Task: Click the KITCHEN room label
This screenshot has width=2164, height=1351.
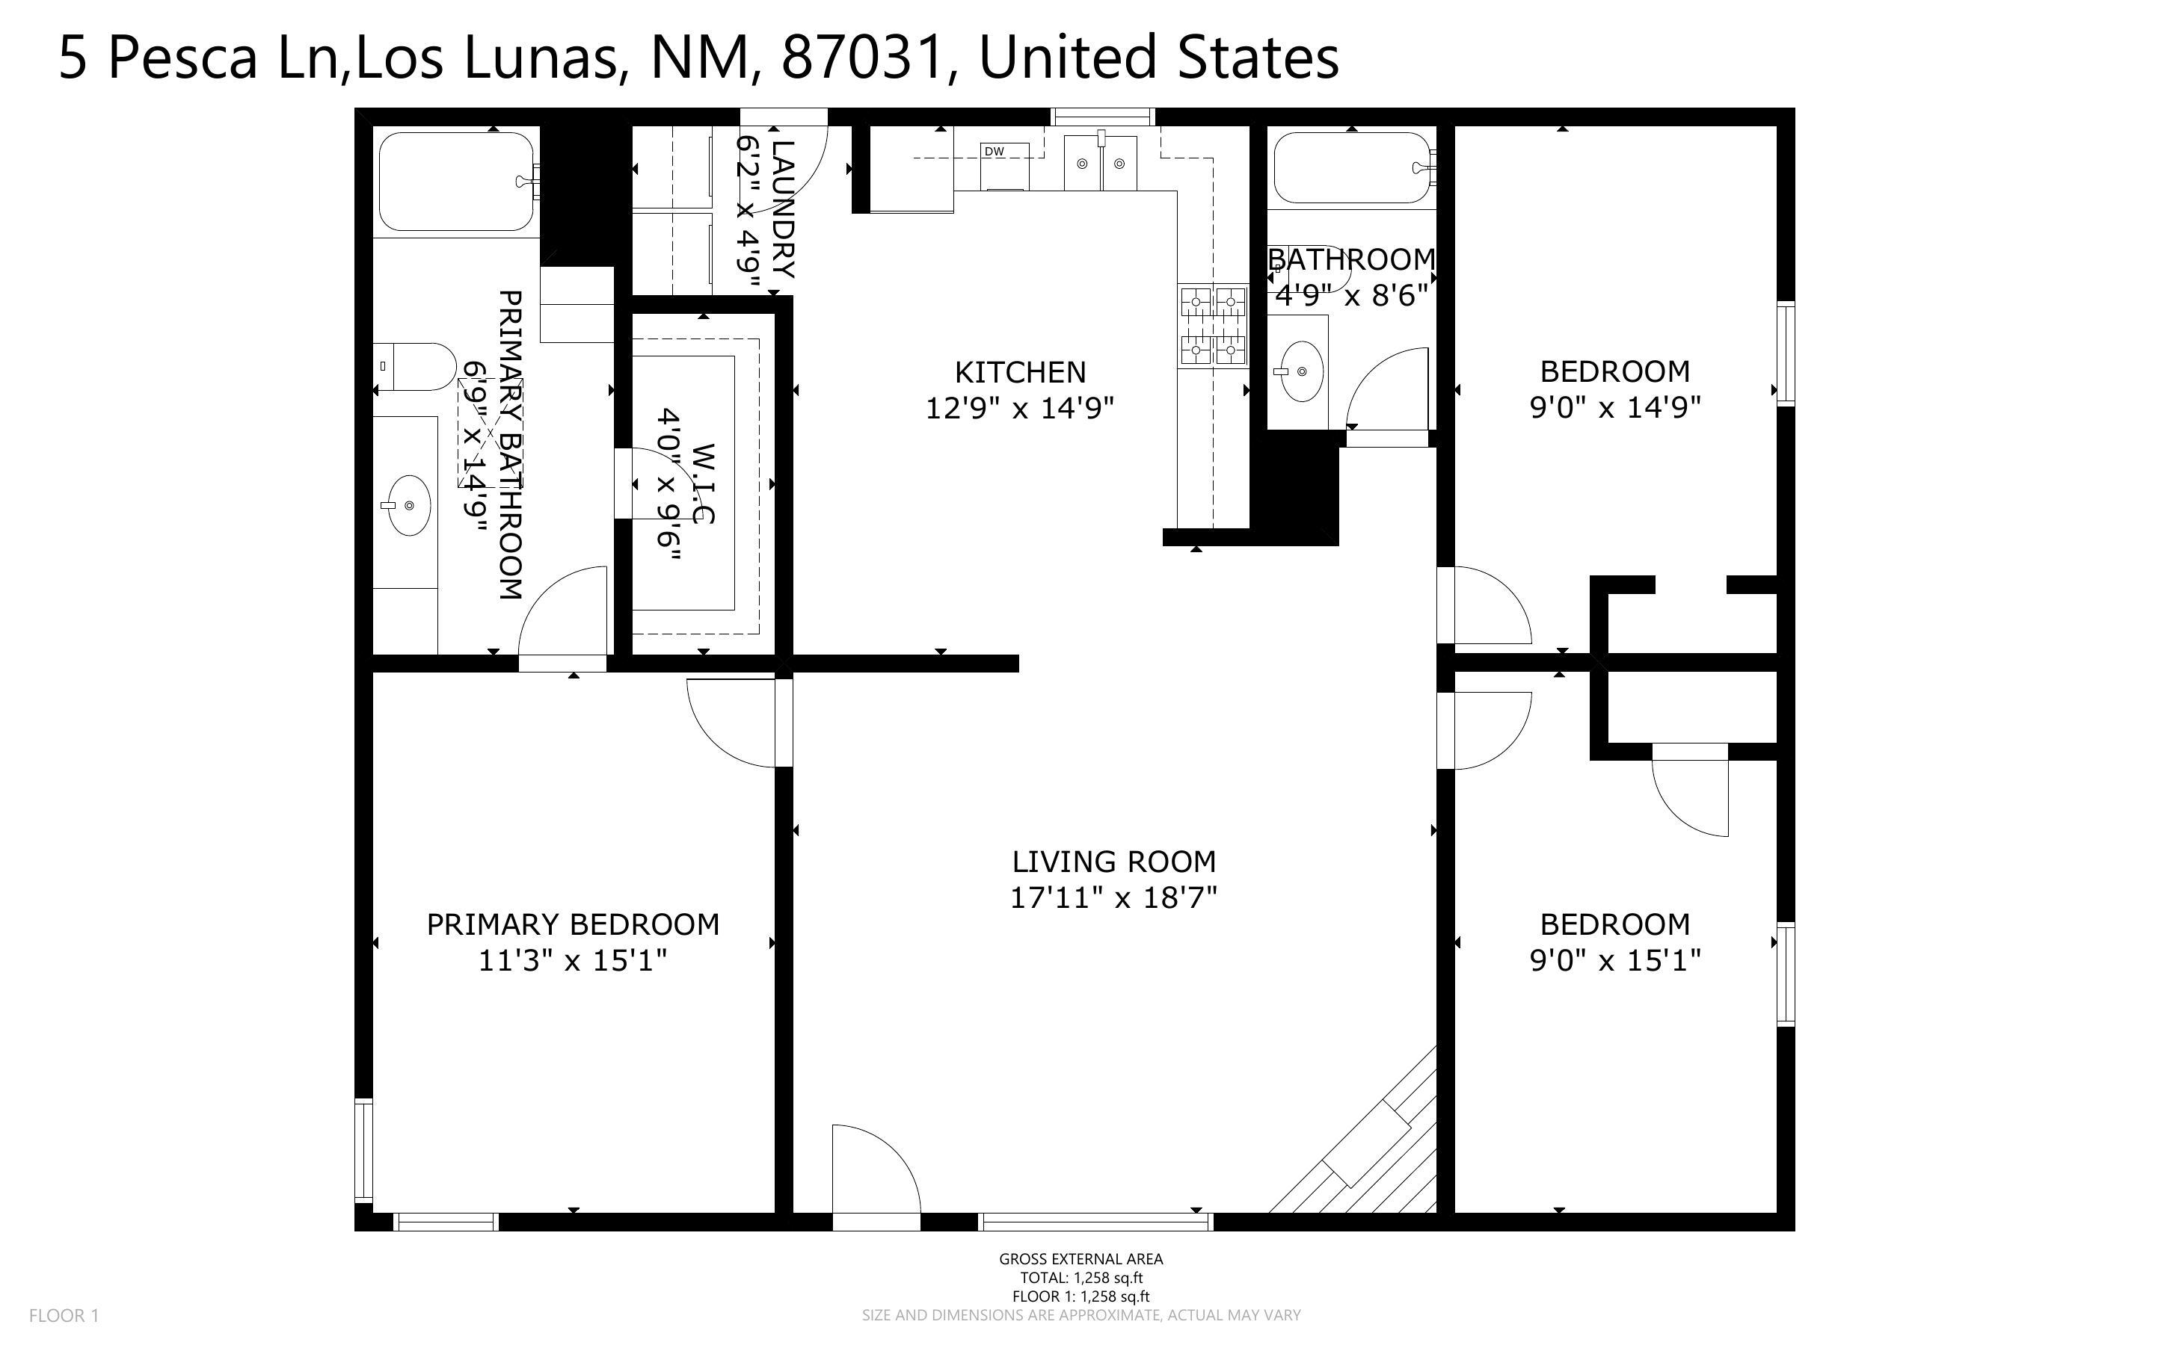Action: tap(1020, 371)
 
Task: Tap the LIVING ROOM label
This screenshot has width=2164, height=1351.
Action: tap(1113, 862)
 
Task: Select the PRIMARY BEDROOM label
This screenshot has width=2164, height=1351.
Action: tap(573, 924)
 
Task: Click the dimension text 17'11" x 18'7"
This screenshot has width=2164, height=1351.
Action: tap(1113, 897)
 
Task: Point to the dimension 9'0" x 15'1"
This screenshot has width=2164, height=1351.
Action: tap(1615, 960)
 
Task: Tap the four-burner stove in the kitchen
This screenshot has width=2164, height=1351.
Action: tap(1214, 325)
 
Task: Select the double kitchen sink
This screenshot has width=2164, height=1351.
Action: tap(1101, 164)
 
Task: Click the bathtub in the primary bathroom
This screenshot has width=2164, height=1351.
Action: tap(458, 182)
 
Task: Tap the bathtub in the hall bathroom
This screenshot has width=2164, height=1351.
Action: tap(1353, 168)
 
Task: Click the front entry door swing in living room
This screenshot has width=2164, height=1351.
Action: tap(876, 1170)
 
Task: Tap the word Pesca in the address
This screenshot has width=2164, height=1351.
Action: tap(182, 58)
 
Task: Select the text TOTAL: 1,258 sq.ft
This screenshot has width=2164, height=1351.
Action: tap(1081, 1278)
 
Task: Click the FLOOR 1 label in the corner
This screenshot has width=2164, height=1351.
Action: tap(64, 1315)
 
